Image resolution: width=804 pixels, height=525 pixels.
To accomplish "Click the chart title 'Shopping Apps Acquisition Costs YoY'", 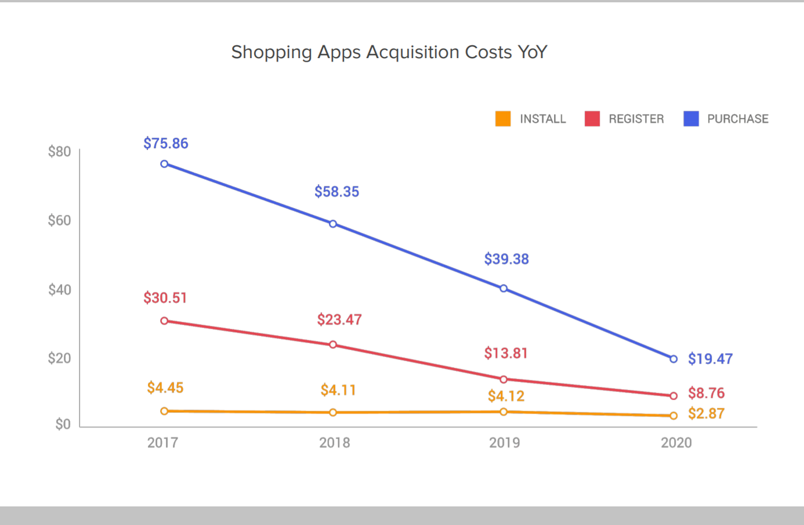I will pyautogui.click(x=389, y=52).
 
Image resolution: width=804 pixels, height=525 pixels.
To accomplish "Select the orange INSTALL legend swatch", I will pyautogui.click(x=503, y=118).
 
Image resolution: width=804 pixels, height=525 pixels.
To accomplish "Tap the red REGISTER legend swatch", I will pyautogui.click(x=592, y=118).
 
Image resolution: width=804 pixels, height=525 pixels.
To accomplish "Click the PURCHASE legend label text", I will pyautogui.click(x=737, y=119).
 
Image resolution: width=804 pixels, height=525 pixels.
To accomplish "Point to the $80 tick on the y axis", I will pyautogui.click(x=59, y=152).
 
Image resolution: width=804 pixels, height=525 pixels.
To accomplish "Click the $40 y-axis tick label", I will pyautogui.click(x=59, y=290).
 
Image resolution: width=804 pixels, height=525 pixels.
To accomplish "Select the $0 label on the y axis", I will pyautogui.click(x=63, y=425).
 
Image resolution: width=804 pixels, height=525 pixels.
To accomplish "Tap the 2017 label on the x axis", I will pyautogui.click(x=162, y=443).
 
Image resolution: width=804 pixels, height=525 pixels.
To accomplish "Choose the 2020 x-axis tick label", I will pyautogui.click(x=676, y=443).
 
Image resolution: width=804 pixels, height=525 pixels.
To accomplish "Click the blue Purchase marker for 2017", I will pyautogui.click(x=164, y=164).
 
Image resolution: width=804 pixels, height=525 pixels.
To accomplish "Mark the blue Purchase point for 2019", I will pyautogui.click(x=504, y=289).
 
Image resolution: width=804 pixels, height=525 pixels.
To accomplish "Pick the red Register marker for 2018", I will pyautogui.click(x=333, y=345).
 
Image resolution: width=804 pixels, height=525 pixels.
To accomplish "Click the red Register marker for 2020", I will pyautogui.click(x=673, y=396).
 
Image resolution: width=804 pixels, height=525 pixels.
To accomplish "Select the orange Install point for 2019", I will pyautogui.click(x=504, y=412).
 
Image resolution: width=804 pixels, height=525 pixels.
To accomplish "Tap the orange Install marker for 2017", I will pyautogui.click(x=164, y=411).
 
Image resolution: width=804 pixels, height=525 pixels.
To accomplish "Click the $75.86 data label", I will pyautogui.click(x=166, y=143).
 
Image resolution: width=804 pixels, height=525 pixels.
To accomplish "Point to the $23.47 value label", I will pyautogui.click(x=339, y=320).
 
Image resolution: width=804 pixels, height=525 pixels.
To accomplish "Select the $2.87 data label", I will pyautogui.click(x=706, y=414).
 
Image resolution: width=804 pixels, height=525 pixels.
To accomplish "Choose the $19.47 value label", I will pyautogui.click(x=710, y=359).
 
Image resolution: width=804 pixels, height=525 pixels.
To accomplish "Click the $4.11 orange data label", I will pyautogui.click(x=338, y=390).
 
